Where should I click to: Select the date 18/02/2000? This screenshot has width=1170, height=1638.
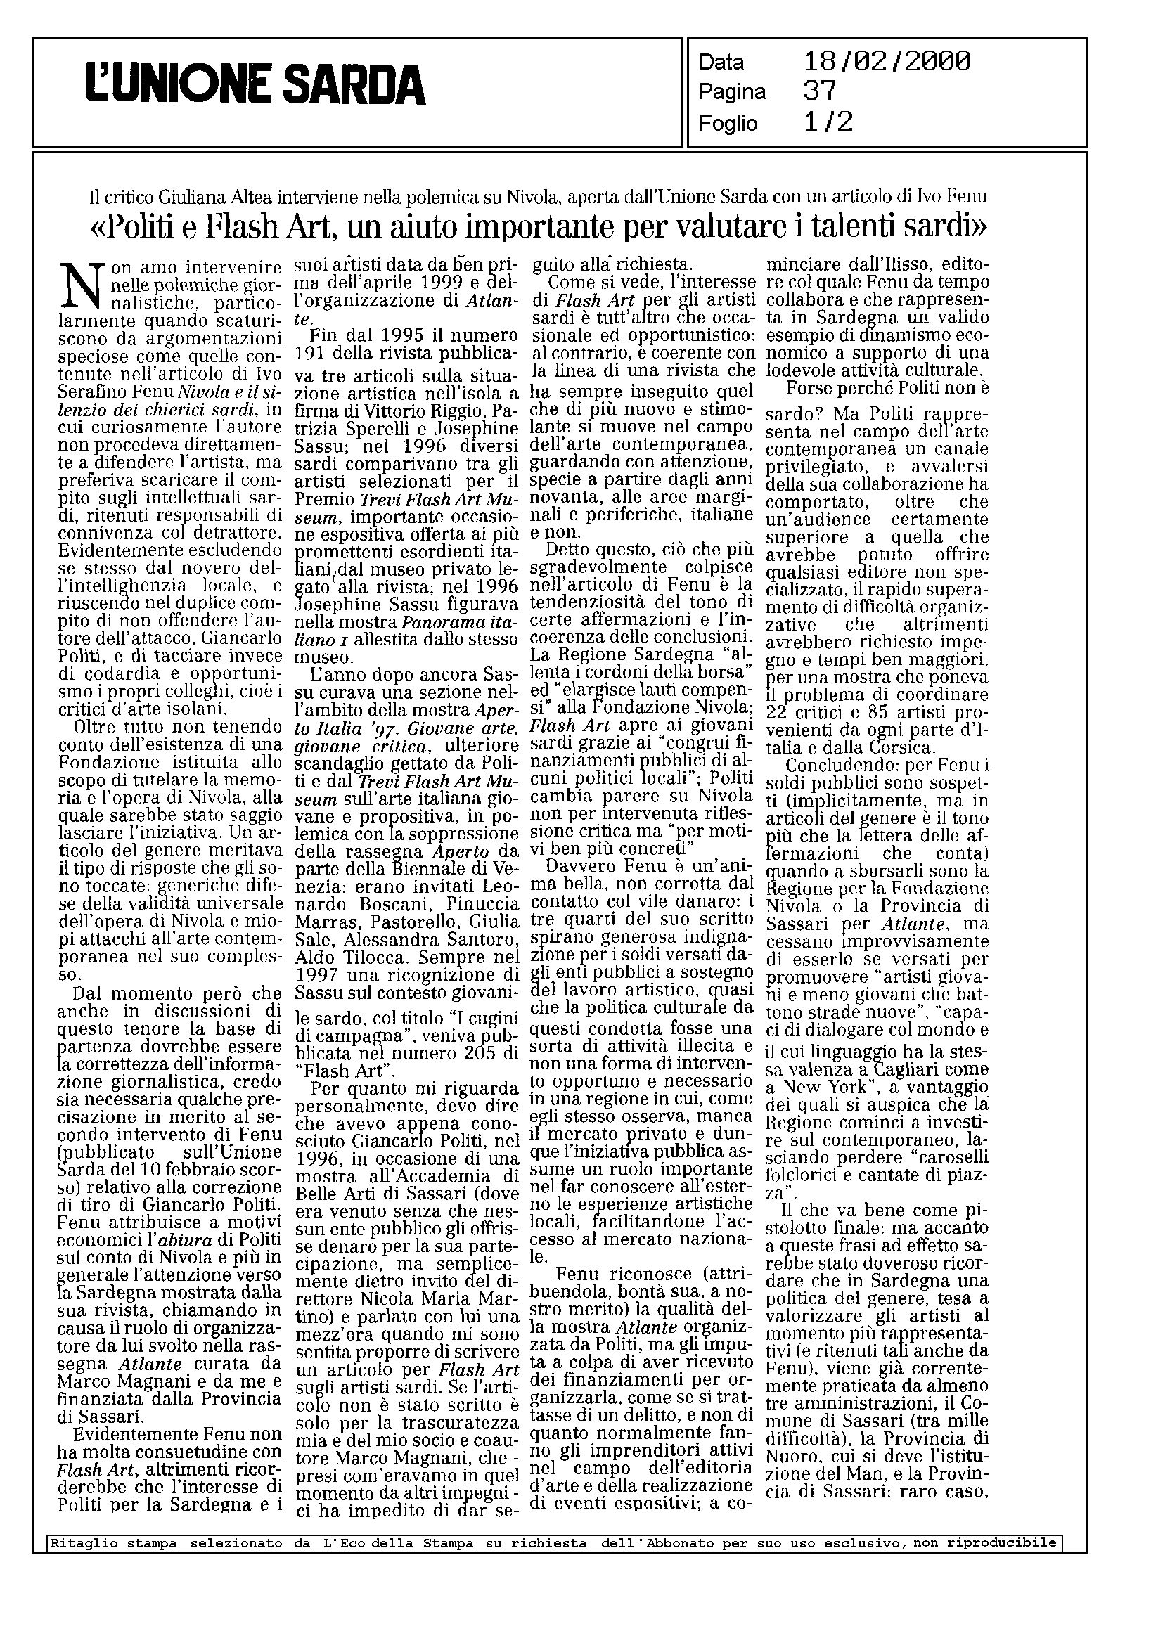click(x=887, y=61)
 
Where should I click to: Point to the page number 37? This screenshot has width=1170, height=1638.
click(x=819, y=91)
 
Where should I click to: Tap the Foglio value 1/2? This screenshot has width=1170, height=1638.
click(x=828, y=122)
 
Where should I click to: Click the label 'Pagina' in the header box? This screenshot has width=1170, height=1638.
click(x=732, y=92)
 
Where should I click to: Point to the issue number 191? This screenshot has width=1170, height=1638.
click(x=312, y=354)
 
